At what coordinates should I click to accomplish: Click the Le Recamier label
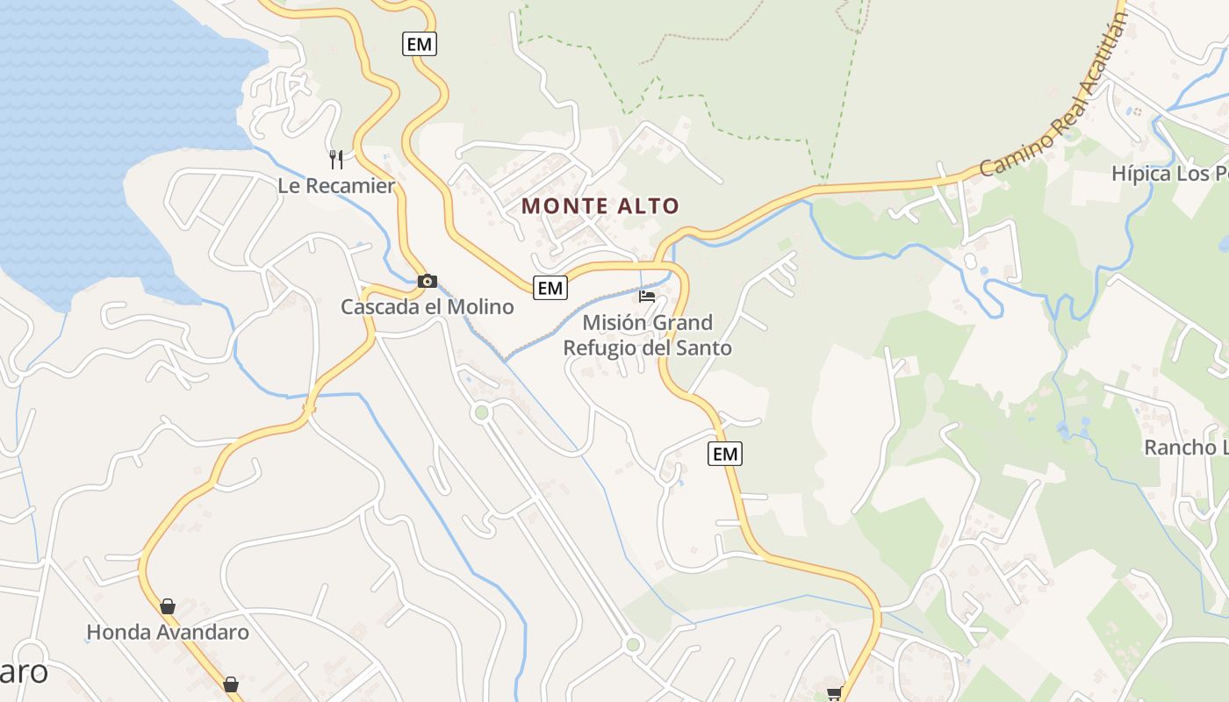coord(336,186)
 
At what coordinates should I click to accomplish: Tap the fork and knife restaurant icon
coord(336,159)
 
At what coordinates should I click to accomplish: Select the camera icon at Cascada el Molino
coord(428,281)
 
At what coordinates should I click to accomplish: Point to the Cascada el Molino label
coord(427,307)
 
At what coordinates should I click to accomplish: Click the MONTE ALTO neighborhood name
coord(600,206)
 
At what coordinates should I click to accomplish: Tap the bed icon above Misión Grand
coord(647,296)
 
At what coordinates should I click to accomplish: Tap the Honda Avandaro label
coord(168,632)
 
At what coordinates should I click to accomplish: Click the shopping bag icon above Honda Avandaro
coord(168,605)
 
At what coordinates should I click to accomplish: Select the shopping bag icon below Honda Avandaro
coord(231,684)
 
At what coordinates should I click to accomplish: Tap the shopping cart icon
coord(834,693)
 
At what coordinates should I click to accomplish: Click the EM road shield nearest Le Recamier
coord(420,43)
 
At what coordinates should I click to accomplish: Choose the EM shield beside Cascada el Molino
coord(550,287)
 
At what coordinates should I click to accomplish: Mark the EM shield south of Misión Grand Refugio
coord(724,454)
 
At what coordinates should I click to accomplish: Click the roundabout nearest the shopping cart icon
coord(633,646)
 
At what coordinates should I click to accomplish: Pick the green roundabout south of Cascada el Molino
coord(480,412)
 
